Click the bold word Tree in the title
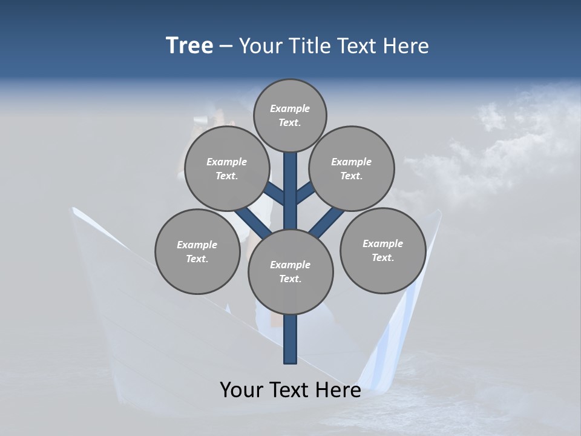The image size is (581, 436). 189,46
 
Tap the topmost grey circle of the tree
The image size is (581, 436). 290,115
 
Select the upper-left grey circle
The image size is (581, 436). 227,168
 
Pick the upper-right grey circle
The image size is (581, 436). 352,168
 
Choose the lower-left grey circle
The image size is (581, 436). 197,251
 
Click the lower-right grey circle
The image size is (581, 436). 382,250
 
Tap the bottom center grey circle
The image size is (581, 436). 290,271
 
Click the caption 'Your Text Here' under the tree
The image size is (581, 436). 290,390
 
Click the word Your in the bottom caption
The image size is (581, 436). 241,390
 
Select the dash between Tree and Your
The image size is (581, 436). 226,47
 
